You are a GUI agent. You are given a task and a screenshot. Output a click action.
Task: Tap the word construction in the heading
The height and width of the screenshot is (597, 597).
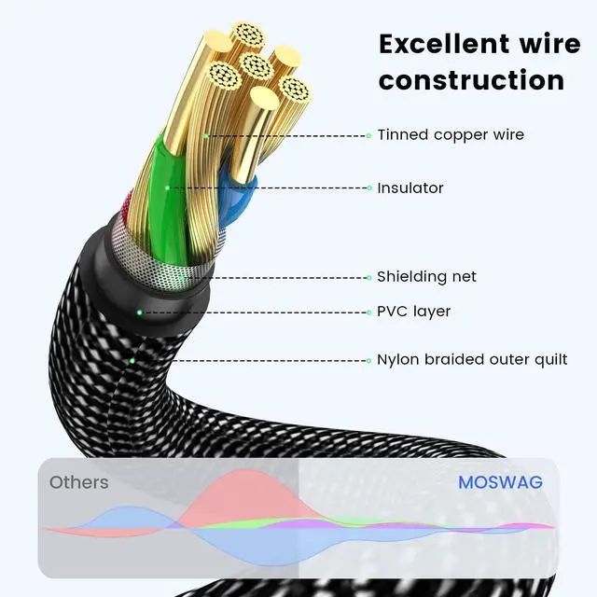click(471, 80)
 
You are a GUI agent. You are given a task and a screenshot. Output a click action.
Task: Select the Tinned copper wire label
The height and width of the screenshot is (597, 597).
click(451, 134)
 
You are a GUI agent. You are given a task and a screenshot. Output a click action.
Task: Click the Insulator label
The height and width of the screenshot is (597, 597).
click(410, 187)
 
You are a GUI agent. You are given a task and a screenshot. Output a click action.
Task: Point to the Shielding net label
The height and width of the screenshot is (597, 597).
click(426, 276)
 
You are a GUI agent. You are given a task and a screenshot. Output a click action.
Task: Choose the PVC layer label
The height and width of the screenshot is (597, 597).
click(413, 311)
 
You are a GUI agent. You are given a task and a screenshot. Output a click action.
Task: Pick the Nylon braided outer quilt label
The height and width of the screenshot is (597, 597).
click(472, 359)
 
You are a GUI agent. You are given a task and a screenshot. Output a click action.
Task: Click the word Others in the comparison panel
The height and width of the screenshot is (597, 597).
click(78, 482)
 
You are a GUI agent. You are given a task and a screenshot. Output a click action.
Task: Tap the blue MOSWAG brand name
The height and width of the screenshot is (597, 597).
click(500, 483)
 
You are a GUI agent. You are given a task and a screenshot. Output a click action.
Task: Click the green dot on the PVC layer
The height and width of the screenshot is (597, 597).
click(140, 312)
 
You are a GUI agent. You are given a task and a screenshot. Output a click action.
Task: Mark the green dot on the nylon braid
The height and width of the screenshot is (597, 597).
click(132, 359)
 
